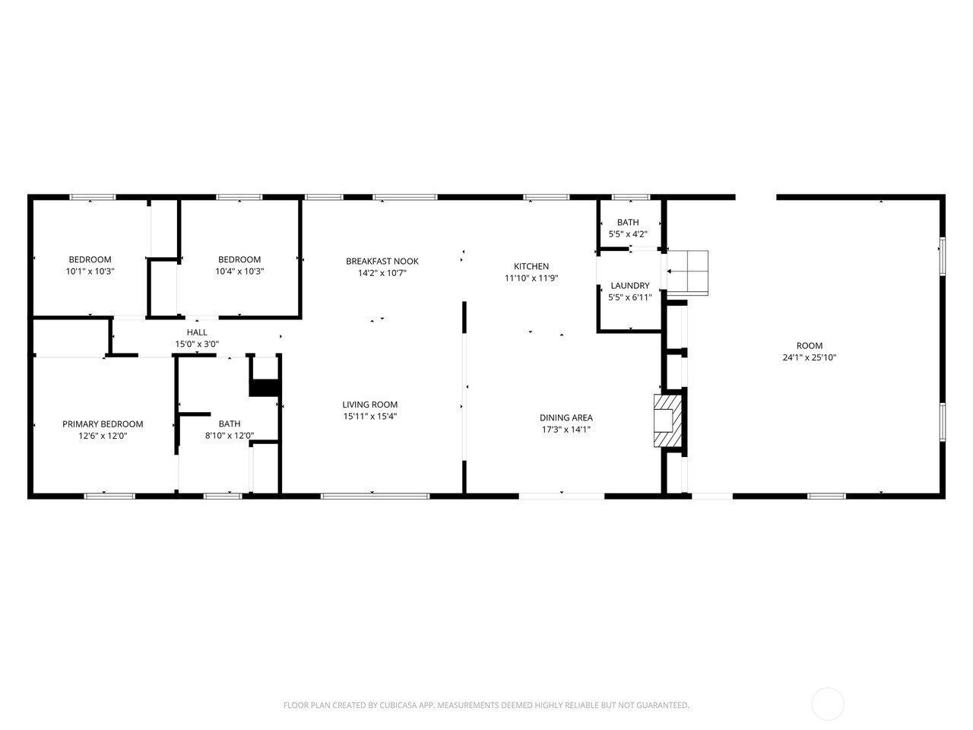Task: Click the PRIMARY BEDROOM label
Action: (x=103, y=424)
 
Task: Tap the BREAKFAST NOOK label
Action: (x=382, y=261)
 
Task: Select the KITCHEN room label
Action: (x=531, y=266)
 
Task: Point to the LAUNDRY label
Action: (x=630, y=286)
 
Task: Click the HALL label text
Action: (x=197, y=332)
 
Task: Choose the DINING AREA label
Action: (x=566, y=417)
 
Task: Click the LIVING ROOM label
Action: (x=369, y=405)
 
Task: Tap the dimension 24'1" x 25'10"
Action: (x=810, y=357)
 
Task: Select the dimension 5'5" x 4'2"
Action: (x=628, y=234)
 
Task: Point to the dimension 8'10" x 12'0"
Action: (x=230, y=436)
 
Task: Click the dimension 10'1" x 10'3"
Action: (x=90, y=271)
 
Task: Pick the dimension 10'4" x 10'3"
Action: (x=239, y=271)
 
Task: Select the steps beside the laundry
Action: (x=687, y=271)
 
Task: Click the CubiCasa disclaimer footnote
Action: (x=486, y=706)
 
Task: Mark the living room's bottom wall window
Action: (x=375, y=497)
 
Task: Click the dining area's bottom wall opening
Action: (x=562, y=497)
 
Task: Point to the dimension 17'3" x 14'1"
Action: (x=566, y=430)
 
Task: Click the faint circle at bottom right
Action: (x=828, y=703)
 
